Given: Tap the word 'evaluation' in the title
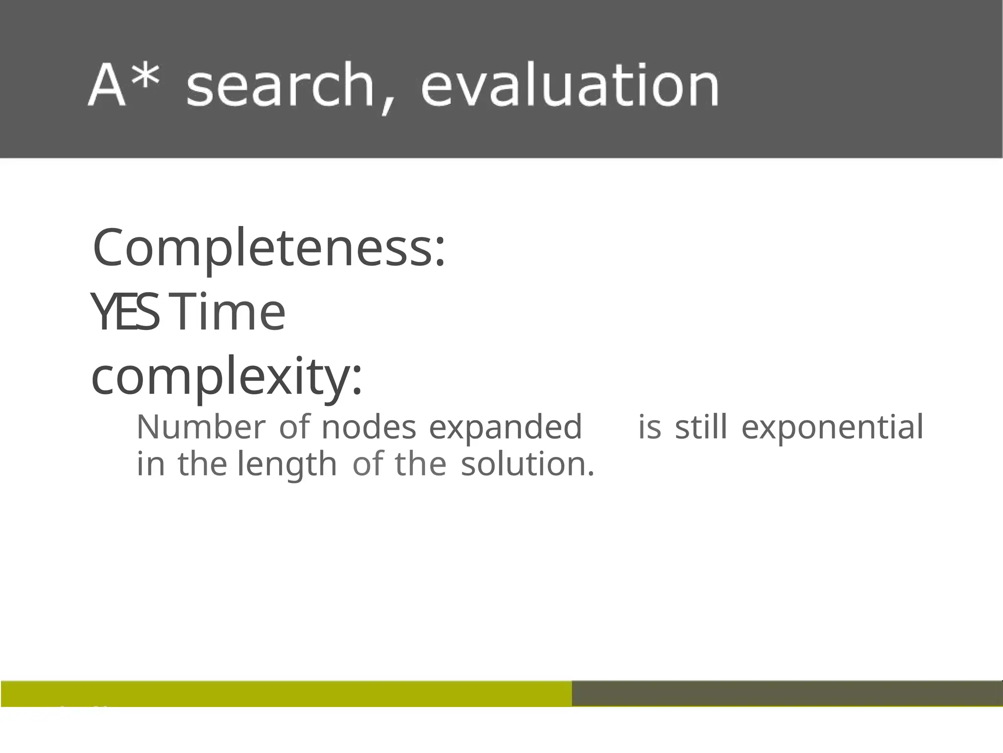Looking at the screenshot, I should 570,86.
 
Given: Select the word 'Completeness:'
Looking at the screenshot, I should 269,249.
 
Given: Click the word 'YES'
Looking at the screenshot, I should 125,312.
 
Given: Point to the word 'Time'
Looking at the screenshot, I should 229,312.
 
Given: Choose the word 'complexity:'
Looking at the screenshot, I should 227,376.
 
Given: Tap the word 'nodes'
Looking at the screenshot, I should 369,427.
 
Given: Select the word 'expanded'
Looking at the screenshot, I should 505,427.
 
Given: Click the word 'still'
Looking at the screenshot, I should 701,427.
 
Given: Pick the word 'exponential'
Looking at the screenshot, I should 832,427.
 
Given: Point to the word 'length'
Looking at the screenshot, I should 287,464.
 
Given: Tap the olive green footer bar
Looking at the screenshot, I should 286,693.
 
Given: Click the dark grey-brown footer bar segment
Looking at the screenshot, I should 787,693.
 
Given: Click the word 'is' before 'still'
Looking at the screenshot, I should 650,427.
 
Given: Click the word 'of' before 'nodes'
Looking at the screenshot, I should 294,427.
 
